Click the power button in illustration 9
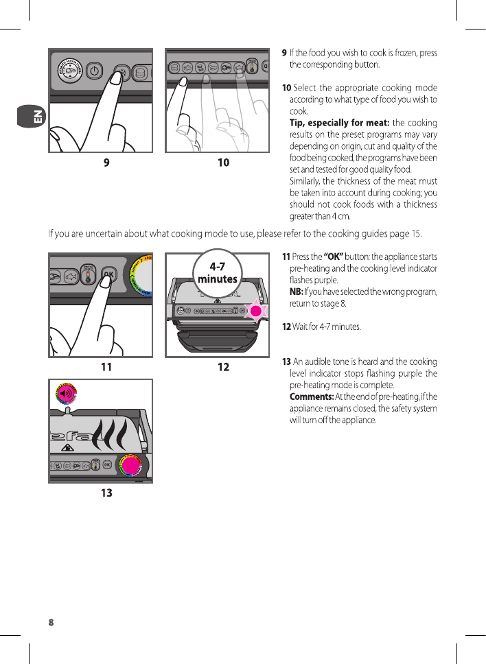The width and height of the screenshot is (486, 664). pyautogui.click(x=95, y=71)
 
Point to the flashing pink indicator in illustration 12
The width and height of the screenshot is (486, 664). pyautogui.click(x=257, y=311)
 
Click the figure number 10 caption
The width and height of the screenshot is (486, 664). pyautogui.click(x=223, y=163)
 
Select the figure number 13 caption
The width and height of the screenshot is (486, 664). pyautogui.click(x=106, y=493)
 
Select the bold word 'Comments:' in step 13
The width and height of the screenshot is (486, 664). pyautogui.click(x=312, y=396)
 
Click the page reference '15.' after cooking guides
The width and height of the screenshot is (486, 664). pyautogui.click(x=416, y=236)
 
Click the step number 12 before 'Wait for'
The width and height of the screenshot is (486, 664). pyautogui.click(x=287, y=327)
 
